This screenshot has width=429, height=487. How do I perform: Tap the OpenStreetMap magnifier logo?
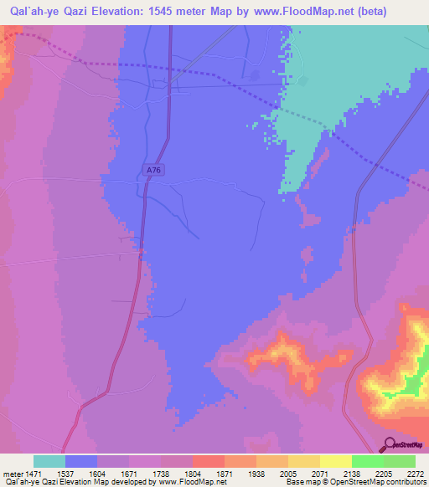(389, 444)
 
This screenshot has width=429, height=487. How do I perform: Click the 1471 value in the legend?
(35, 472)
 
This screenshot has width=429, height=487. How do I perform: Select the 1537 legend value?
(66, 472)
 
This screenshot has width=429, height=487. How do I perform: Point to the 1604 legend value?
(98, 472)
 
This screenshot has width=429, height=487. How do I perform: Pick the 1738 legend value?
(162, 472)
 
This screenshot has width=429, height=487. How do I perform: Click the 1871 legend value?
(225, 472)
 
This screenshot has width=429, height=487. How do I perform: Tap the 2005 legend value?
(287, 472)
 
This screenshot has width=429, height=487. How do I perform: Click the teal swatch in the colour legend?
(49, 461)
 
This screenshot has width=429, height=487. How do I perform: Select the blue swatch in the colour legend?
(81, 461)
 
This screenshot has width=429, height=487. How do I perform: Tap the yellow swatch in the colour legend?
(335, 461)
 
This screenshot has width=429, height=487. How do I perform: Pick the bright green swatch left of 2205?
(367, 461)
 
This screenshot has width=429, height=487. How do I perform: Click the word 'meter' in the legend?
(13, 472)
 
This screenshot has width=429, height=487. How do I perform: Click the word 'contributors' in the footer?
(406, 482)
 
